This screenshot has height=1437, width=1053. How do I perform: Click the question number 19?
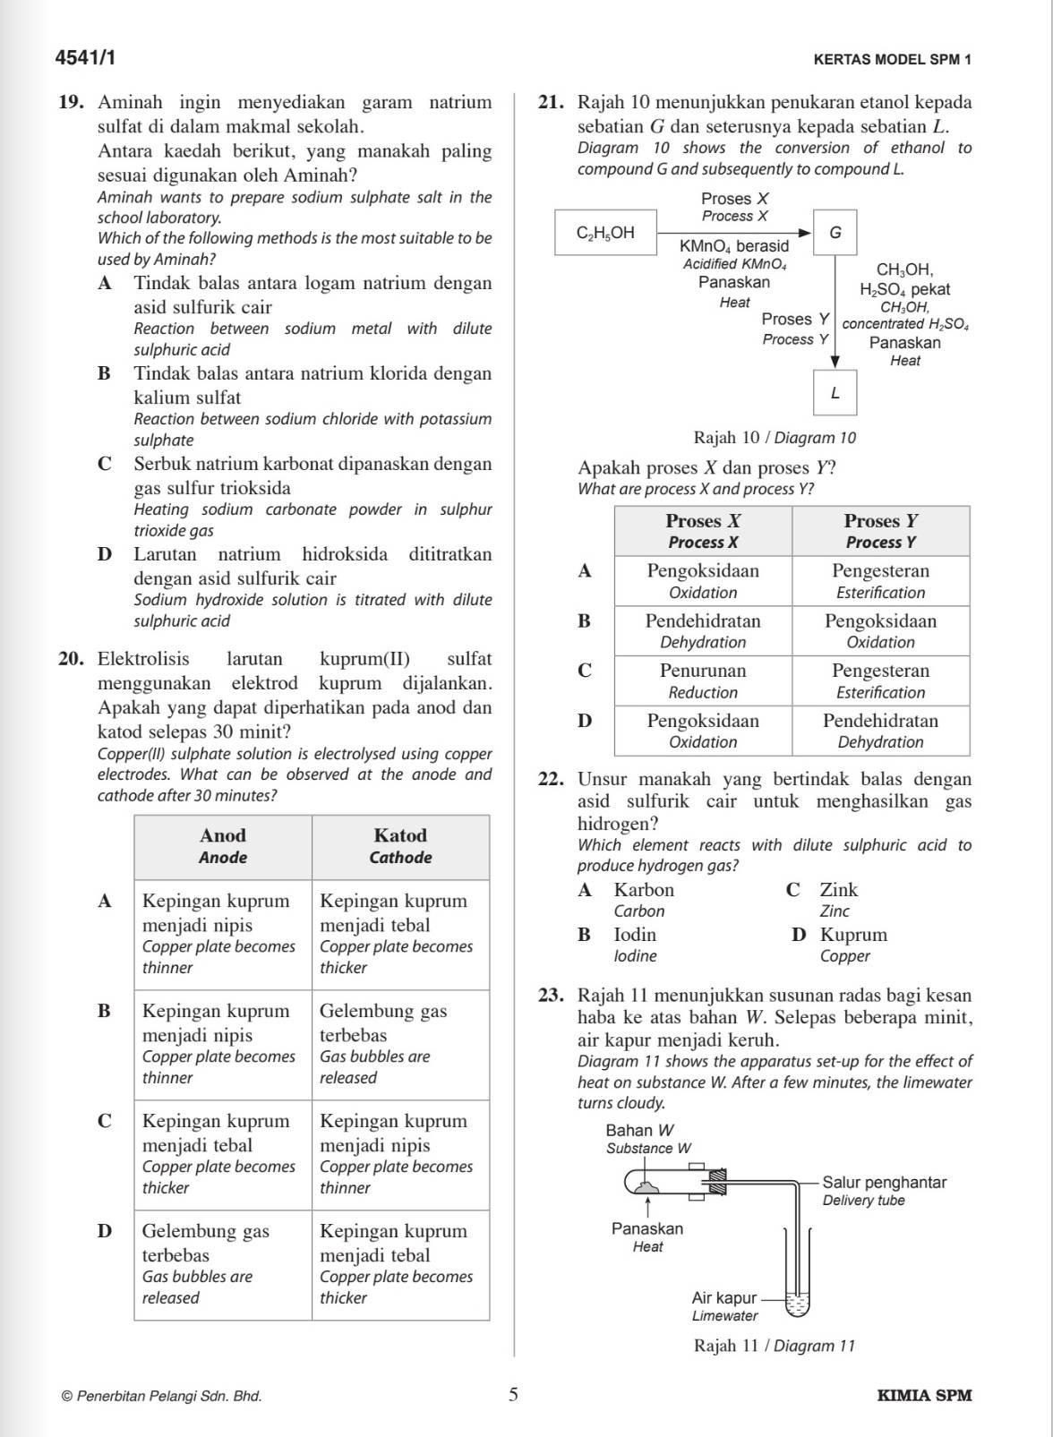pyautogui.click(x=71, y=102)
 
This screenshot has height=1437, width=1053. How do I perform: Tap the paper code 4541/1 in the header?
pyautogui.click(x=85, y=59)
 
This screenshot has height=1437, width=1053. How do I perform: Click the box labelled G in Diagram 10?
pyautogui.click(x=835, y=233)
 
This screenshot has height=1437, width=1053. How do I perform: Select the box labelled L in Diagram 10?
pyautogui.click(x=835, y=393)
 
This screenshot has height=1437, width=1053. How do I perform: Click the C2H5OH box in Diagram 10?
pyautogui.click(x=605, y=233)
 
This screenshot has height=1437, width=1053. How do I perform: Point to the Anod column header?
pyautogui.click(x=223, y=846)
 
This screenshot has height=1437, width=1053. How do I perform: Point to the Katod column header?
pyautogui.click(x=400, y=846)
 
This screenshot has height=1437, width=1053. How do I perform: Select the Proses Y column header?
pyautogui.click(x=880, y=531)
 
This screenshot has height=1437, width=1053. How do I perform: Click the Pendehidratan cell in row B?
pyautogui.click(x=703, y=630)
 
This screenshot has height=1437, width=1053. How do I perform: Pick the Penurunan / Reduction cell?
pyautogui.click(x=703, y=680)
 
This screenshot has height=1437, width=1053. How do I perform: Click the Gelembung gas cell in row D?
pyautogui.click(x=223, y=1263)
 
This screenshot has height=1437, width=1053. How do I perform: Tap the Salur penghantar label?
pyautogui.click(x=884, y=1191)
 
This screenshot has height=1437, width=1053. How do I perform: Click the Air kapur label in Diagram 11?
pyautogui.click(x=724, y=1306)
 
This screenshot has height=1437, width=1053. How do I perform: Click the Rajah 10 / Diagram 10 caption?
pyautogui.click(x=775, y=438)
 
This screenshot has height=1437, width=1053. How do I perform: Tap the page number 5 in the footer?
pyautogui.click(x=513, y=1394)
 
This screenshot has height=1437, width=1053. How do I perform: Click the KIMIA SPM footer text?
pyautogui.click(x=924, y=1395)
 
